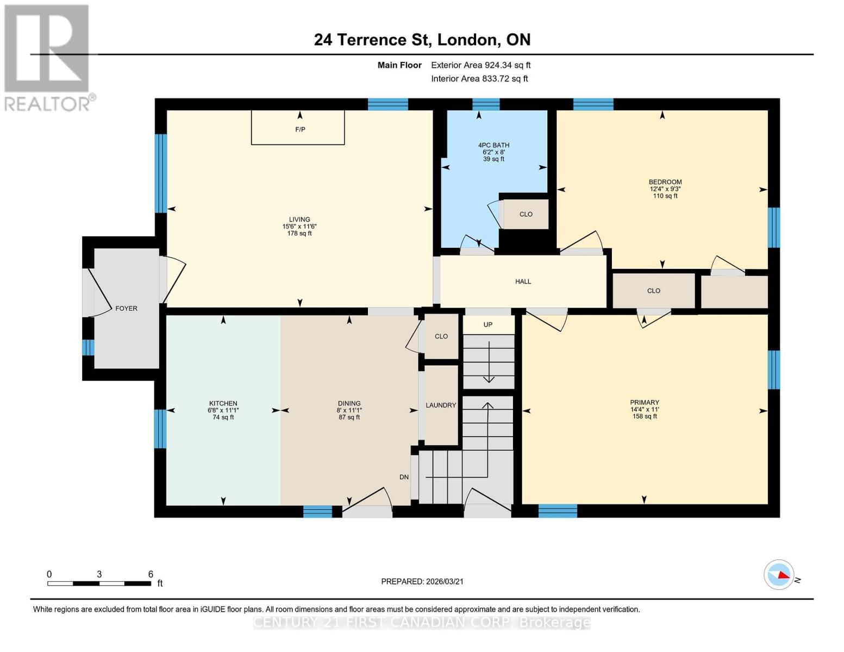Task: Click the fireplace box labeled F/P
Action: pyautogui.click(x=298, y=128)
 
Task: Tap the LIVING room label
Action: pyautogui.click(x=299, y=220)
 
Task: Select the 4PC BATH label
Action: pyautogui.click(x=493, y=145)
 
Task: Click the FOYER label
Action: pyautogui.click(x=126, y=308)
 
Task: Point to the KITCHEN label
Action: pyautogui.click(x=223, y=403)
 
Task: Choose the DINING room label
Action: pyautogui.click(x=349, y=403)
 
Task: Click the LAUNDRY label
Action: pyautogui.click(x=441, y=405)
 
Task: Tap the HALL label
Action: pyautogui.click(x=523, y=281)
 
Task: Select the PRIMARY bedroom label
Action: pyautogui.click(x=645, y=403)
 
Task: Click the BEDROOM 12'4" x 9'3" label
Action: pyautogui.click(x=665, y=182)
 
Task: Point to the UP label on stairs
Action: pyautogui.click(x=488, y=324)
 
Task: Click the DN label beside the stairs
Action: pyautogui.click(x=404, y=477)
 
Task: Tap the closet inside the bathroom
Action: pyautogui.click(x=526, y=214)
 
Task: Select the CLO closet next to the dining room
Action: pyautogui.click(x=441, y=336)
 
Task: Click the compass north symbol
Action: pyautogui.click(x=779, y=575)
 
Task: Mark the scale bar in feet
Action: pyautogui.click(x=99, y=583)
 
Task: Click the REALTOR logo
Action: pyautogui.click(x=48, y=58)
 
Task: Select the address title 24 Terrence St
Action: pyautogui.click(x=422, y=40)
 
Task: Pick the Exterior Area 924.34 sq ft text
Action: pyautogui.click(x=480, y=65)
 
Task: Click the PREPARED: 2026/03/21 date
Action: pyautogui.click(x=422, y=581)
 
